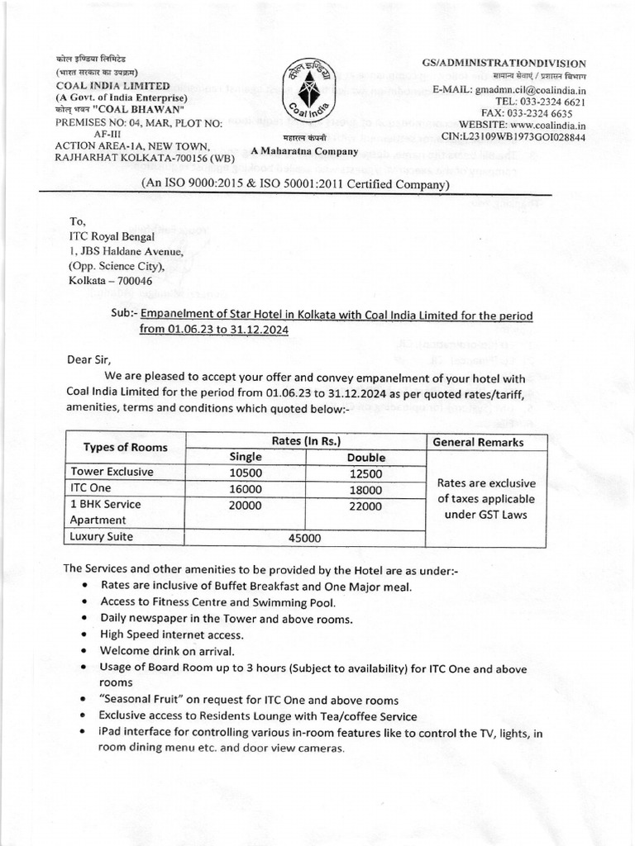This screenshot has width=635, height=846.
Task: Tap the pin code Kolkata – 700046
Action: coord(111,281)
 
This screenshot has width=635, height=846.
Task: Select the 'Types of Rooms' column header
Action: coord(126,448)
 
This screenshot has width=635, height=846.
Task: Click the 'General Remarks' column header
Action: coord(485,441)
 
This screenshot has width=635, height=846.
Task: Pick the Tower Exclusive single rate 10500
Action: coord(246,472)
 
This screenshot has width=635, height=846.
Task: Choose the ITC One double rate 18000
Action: coord(365,488)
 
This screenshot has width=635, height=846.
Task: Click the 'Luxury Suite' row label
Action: coord(103,537)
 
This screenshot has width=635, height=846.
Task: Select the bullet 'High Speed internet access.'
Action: coord(172,634)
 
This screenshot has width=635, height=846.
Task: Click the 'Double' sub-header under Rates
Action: coord(365,457)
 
